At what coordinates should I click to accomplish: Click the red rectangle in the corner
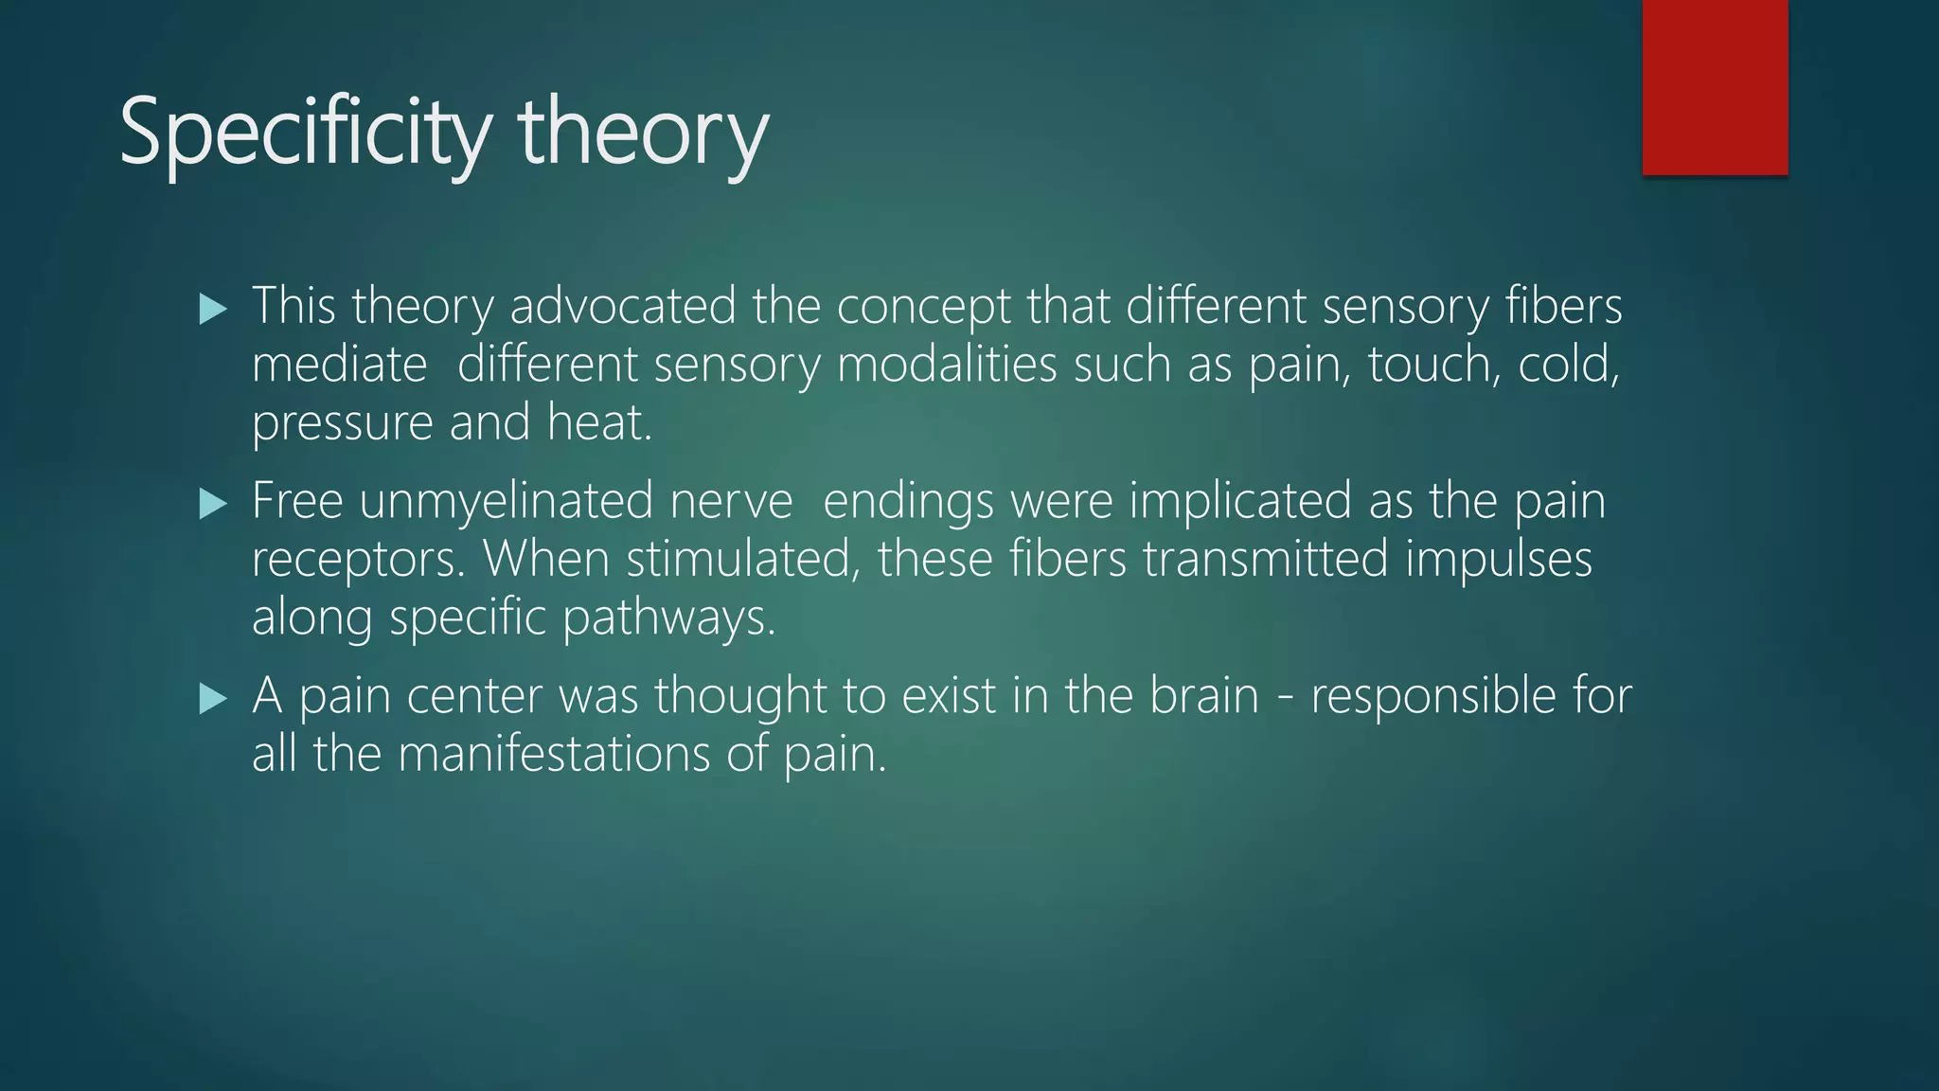pyautogui.click(x=1715, y=87)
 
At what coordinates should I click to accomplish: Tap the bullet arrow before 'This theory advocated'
pyautogui.click(x=214, y=310)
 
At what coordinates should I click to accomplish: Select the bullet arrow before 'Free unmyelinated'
pyautogui.click(x=214, y=504)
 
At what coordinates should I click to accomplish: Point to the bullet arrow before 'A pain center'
pyautogui.click(x=214, y=700)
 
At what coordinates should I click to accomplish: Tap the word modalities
pyautogui.click(x=947, y=365)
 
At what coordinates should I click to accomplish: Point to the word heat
pyautogui.click(x=599, y=422)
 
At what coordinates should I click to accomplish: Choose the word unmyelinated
pyautogui.click(x=506, y=502)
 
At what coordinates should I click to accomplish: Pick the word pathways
pyautogui.click(x=668, y=619)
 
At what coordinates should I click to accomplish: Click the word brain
pyautogui.click(x=1204, y=696)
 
